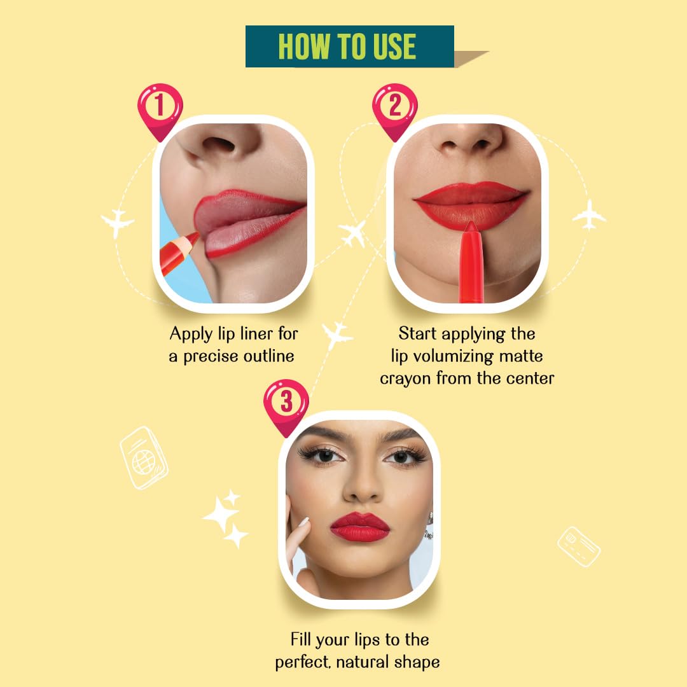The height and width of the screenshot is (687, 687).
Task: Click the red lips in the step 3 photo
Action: [359, 527]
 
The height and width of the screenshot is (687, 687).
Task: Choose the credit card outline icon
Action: [579, 546]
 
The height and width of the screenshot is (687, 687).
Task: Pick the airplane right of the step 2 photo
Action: [589, 214]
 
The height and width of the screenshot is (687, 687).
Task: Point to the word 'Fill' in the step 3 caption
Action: [302, 639]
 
